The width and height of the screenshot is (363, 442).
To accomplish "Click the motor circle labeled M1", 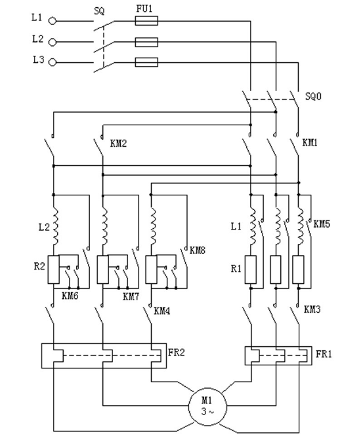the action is tap(207, 406).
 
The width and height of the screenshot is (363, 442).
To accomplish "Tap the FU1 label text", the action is tap(144, 9).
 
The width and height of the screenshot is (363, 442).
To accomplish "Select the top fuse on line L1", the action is tap(146, 21).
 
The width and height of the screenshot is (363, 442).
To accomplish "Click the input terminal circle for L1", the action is tap(53, 21).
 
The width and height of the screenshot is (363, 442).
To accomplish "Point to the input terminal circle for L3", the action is tap(53, 62).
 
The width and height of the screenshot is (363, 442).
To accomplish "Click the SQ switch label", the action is tap(99, 11).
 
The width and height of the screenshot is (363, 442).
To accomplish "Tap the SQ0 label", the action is tap(313, 96).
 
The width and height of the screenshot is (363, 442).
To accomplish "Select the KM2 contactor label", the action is tap(118, 144).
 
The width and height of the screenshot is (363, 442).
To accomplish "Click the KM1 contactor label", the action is tap(310, 143).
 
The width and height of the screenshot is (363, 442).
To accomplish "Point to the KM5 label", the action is tap(322, 224).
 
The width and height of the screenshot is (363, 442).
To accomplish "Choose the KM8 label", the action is tap(198, 250).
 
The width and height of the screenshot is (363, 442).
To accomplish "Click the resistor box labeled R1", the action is tap(251, 270).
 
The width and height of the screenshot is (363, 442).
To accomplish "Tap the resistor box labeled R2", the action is tap(53, 270).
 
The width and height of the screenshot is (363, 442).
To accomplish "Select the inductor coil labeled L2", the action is tap(55, 226).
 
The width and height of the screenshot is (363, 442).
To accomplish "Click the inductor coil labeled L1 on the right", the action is tap(253, 226).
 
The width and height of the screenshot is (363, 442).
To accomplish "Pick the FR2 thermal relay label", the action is tap(177, 352).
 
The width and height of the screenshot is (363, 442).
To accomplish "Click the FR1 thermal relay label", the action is tap(324, 354).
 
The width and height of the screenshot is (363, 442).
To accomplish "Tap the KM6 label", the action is tap(70, 296).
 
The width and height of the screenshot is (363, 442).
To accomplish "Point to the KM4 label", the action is tap(162, 311).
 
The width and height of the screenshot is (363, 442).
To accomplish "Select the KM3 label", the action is tap(312, 310).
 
